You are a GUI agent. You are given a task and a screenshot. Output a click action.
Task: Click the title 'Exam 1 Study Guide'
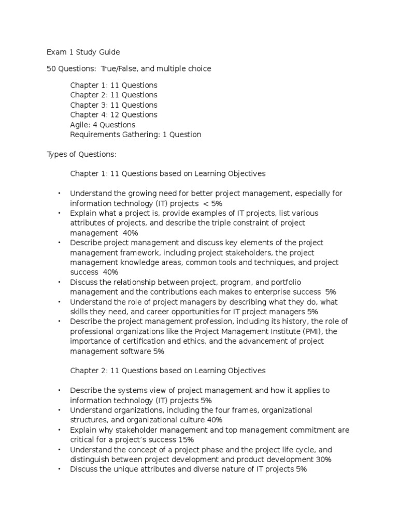click(x=83, y=52)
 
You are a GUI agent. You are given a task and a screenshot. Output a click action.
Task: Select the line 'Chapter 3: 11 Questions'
click(x=113, y=105)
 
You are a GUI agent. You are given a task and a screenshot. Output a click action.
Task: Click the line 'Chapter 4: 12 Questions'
click(x=113, y=114)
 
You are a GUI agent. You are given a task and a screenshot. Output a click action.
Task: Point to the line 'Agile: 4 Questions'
click(x=103, y=125)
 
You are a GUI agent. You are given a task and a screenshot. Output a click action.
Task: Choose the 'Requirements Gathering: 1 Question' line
click(x=135, y=135)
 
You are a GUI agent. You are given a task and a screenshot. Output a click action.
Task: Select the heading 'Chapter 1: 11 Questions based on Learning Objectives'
click(x=167, y=174)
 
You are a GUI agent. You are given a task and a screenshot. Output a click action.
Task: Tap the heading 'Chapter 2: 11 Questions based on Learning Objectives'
click(x=167, y=371)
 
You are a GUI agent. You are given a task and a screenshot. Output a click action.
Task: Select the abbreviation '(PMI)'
click(x=309, y=331)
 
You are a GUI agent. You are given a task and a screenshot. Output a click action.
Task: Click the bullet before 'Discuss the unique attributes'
click(x=59, y=469)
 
